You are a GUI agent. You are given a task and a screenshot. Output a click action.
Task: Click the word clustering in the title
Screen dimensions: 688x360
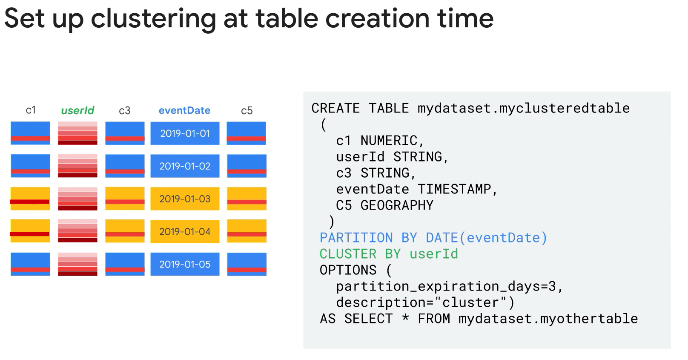[x=154, y=20]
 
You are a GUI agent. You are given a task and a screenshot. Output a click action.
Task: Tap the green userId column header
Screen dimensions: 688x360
[x=77, y=110]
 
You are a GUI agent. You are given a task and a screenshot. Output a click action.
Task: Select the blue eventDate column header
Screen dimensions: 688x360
[x=185, y=110]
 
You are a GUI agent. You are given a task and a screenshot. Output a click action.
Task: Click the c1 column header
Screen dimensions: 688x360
[x=31, y=110]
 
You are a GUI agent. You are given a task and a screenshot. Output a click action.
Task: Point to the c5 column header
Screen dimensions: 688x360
[x=247, y=111]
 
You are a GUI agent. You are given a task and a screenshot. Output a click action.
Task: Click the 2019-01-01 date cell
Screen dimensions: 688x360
[x=185, y=133]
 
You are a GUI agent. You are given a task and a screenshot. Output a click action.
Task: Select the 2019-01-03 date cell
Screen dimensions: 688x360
[x=185, y=199]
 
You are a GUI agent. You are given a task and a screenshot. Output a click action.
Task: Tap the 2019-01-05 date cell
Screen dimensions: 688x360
[x=185, y=264]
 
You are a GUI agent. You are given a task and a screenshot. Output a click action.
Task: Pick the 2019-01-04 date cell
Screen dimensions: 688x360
[x=185, y=231]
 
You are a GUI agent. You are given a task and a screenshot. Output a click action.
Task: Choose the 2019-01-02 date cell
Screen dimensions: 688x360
[x=185, y=166]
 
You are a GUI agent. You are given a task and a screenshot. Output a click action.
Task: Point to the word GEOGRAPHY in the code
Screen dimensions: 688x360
[x=397, y=205]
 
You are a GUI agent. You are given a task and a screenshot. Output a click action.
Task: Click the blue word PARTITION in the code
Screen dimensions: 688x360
[x=356, y=238]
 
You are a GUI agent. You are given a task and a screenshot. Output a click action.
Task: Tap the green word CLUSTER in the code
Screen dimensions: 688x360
[x=348, y=254]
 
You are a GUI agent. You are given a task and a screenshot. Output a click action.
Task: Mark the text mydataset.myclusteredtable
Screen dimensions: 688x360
[x=524, y=109]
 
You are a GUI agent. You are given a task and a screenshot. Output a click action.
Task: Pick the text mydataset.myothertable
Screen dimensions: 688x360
[x=548, y=319]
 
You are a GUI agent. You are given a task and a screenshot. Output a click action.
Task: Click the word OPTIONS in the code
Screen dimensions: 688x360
[x=348, y=270]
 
